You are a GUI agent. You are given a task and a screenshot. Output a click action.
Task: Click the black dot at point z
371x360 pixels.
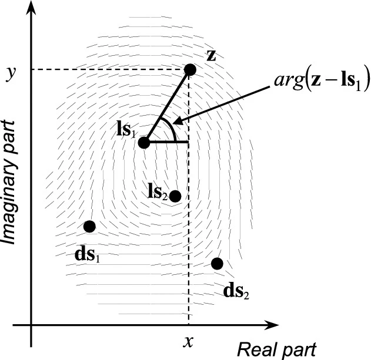[189, 70]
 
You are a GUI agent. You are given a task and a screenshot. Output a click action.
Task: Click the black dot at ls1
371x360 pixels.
[144, 142]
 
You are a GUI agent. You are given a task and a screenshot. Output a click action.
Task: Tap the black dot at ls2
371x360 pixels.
[175, 196]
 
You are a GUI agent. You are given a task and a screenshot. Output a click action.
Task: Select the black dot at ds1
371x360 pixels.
[89, 226]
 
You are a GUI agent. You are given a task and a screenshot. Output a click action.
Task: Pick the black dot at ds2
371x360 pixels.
[217, 263]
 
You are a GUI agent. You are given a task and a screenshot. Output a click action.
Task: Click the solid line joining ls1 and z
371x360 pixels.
[167, 106]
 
